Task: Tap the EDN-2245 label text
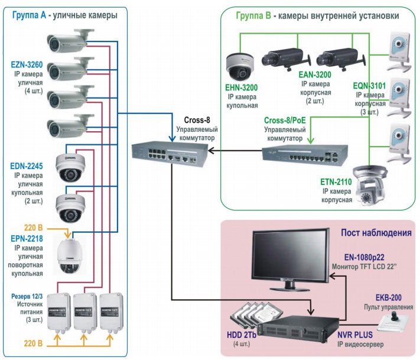pos(27,167)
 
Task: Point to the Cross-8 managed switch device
pos(168,153)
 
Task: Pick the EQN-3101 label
pos(371,86)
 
